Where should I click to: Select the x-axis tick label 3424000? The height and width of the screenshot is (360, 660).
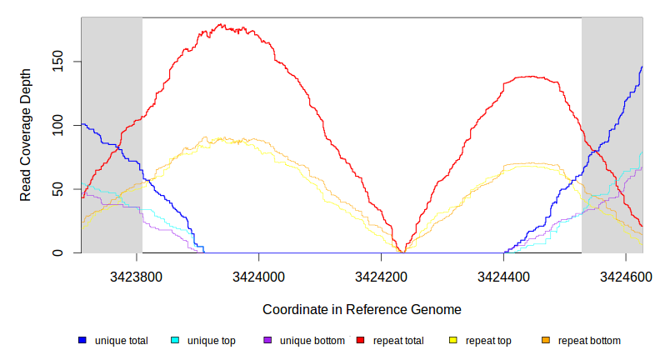pyautogui.click(x=258, y=276)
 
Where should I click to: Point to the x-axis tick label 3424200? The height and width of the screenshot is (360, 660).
pyautogui.click(x=381, y=276)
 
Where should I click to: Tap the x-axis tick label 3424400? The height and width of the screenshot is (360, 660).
pyautogui.click(x=503, y=276)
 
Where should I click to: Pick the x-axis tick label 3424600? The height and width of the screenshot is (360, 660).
pyautogui.click(x=626, y=276)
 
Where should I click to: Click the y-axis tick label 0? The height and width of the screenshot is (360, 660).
pyautogui.click(x=68, y=253)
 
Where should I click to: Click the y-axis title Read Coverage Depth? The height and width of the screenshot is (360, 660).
pyautogui.click(x=26, y=147)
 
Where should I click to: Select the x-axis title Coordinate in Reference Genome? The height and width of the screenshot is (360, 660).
pyautogui.click(x=362, y=309)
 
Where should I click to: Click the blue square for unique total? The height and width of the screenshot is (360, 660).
pyautogui.click(x=82, y=340)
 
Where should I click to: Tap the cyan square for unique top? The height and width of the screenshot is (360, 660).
pyautogui.click(x=175, y=340)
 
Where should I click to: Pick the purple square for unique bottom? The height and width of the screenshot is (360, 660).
pyautogui.click(x=267, y=340)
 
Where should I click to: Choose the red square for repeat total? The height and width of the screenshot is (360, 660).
pyautogui.click(x=361, y=340)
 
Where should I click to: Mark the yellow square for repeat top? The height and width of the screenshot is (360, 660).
pyautogui.click(x=453, y=340)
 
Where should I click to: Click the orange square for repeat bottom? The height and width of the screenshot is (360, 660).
pyautogui.click(x=546, y=340)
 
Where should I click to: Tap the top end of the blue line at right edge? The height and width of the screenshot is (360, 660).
pyautogui.click(x=642, y=67)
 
